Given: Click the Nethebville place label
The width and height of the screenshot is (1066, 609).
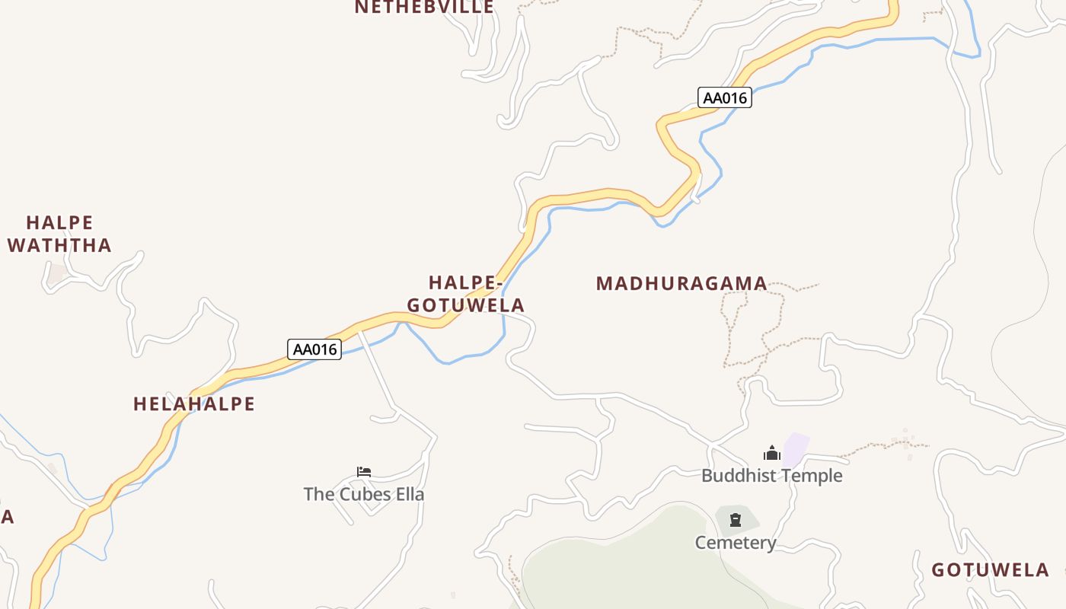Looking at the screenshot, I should (x=424, y=7).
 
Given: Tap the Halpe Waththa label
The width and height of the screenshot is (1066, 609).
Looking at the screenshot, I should (x=59, y=234).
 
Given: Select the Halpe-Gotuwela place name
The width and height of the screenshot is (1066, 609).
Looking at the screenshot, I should (x=466, y=294).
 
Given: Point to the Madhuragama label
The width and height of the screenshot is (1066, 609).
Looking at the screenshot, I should (x=681, y=284).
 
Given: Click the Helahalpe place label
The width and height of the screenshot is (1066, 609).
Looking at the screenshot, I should (x=194, y=404).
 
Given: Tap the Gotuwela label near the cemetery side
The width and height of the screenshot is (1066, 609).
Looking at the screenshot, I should (x=990, y=570).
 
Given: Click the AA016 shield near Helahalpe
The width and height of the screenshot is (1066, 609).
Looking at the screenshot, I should (x=314, y=349).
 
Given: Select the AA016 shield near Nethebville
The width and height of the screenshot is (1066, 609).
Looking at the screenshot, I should (x=725, y=97).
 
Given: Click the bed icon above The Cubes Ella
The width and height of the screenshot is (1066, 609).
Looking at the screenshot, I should (x=364, y=472).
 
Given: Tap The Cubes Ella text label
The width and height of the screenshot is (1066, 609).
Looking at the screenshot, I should (x=364, y=494).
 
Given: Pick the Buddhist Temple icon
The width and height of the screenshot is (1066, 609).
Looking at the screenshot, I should (x=772, y=454).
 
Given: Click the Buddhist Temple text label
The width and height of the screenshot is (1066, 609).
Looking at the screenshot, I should (x=772, y=476).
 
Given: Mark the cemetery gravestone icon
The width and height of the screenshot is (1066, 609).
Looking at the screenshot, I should (x=736, y=520).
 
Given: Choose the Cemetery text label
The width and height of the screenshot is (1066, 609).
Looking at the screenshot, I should (x=736, y=543).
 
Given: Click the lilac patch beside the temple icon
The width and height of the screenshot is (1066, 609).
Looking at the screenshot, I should (x=796, y=449).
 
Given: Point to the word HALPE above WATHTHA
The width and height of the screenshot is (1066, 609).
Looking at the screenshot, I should (x=59, y=223).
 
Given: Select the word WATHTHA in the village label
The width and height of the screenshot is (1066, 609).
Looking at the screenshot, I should (x=59, y=246).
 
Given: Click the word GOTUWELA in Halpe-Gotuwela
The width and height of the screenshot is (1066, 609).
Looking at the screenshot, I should (x=466, y=305).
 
